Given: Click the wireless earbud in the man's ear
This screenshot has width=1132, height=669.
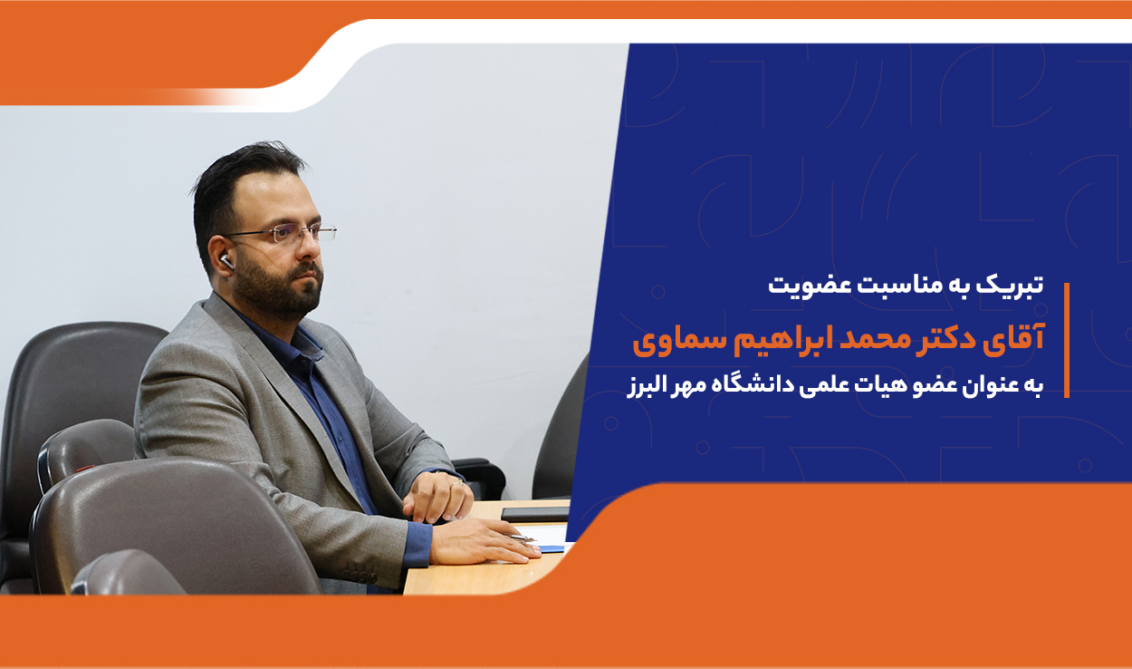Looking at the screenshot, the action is point(227,262).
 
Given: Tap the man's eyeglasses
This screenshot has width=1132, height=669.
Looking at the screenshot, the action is point(283,233).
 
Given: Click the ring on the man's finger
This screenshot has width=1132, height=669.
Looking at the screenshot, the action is point(456,484).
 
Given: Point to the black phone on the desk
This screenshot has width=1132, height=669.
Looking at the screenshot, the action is point(535,514).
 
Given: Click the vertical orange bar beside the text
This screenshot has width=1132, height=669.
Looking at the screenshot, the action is point(1067,341).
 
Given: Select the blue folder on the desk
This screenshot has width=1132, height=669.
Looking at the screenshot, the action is point(552,548).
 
